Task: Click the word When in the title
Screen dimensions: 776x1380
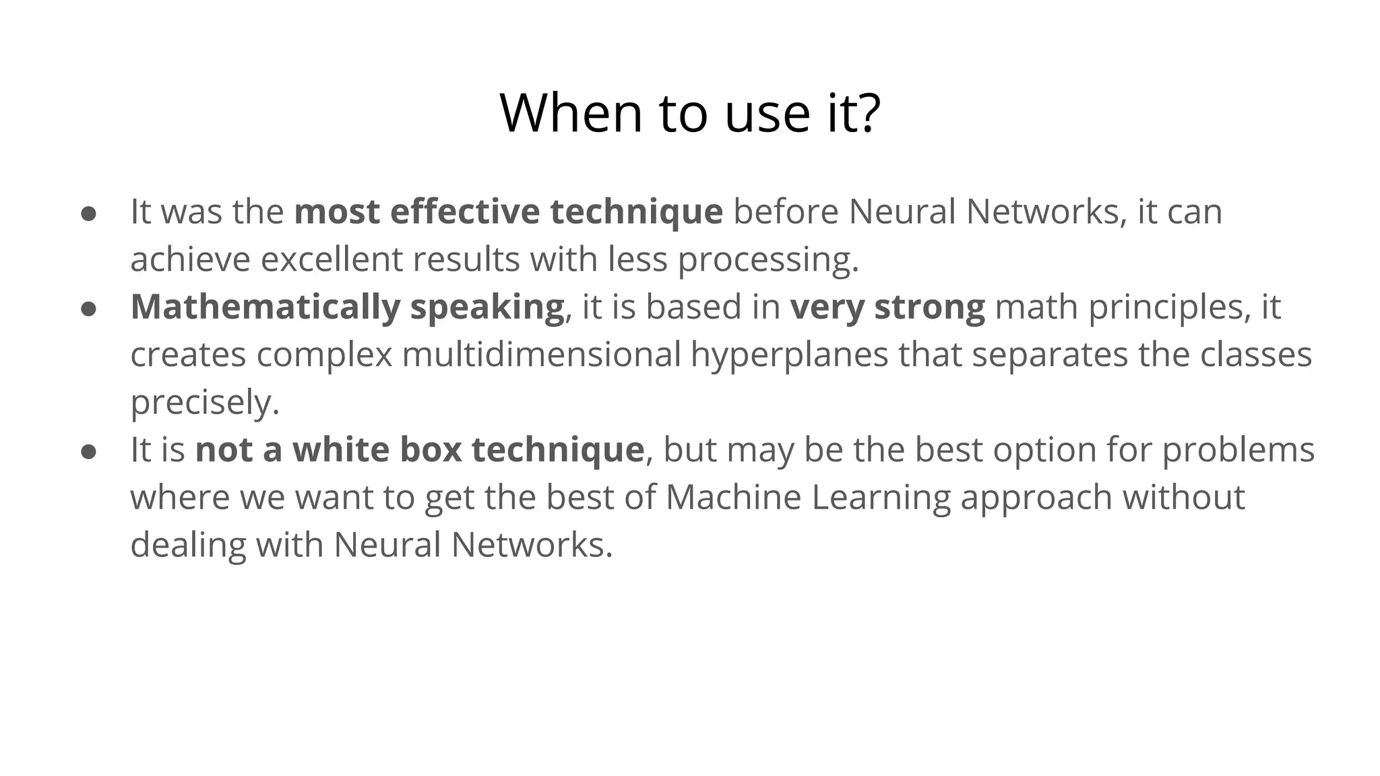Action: pos(571,113)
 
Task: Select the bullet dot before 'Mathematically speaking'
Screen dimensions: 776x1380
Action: pos(88,309)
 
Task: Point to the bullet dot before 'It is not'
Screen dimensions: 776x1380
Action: pos(88,452)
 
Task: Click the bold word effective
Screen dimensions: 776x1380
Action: pos(464,212)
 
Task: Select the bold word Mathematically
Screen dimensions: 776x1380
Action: pos(265,307)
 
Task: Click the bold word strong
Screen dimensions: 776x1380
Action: pos(929,307)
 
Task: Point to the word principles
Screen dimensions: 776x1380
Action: pos(1165,307)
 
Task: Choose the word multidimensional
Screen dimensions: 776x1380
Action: pos(541,354)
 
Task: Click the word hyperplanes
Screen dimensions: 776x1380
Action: pos(789,356)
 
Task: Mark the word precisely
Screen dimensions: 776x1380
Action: pos(204,403)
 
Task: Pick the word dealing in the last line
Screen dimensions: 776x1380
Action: pos(188,546)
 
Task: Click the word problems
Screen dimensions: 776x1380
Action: pos(1238,451)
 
